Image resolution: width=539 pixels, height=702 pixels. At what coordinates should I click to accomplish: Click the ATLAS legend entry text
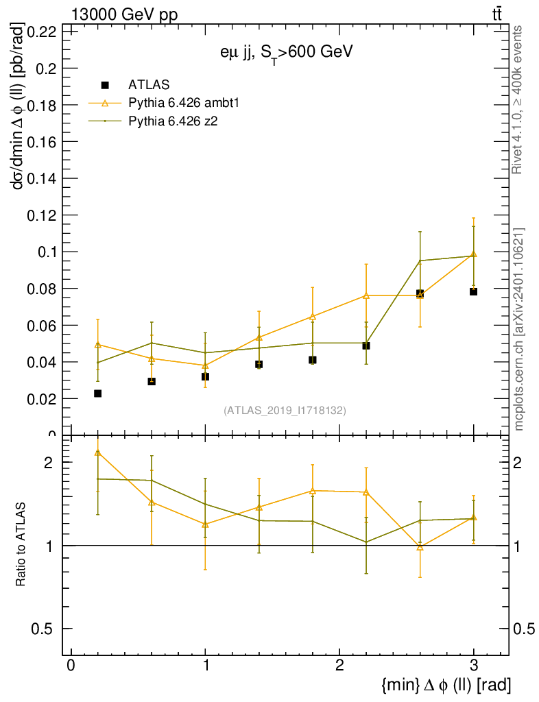tap(149, 85)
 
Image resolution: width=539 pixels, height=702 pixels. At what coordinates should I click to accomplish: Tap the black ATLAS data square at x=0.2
tap(98, 394)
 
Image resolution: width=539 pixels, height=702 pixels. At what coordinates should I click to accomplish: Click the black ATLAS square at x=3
tap(474, 291)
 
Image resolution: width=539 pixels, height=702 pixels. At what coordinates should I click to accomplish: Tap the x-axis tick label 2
tap(339, 667)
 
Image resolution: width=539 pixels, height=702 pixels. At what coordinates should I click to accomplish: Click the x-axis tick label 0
tap(71, 667)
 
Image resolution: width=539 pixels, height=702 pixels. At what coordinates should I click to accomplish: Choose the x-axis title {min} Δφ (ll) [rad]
tap(445, 684)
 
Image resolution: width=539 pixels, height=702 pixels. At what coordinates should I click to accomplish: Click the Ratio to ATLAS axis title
tap(21, 545)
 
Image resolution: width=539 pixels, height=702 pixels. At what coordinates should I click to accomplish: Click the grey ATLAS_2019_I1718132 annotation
tap(285, 411)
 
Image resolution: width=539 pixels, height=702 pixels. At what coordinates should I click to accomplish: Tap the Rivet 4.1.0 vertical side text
tap(518, 100)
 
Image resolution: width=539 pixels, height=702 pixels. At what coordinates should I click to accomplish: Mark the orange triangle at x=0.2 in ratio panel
tap(98, 452)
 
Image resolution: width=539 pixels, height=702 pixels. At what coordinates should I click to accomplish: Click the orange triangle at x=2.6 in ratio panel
tap(420, 547)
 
